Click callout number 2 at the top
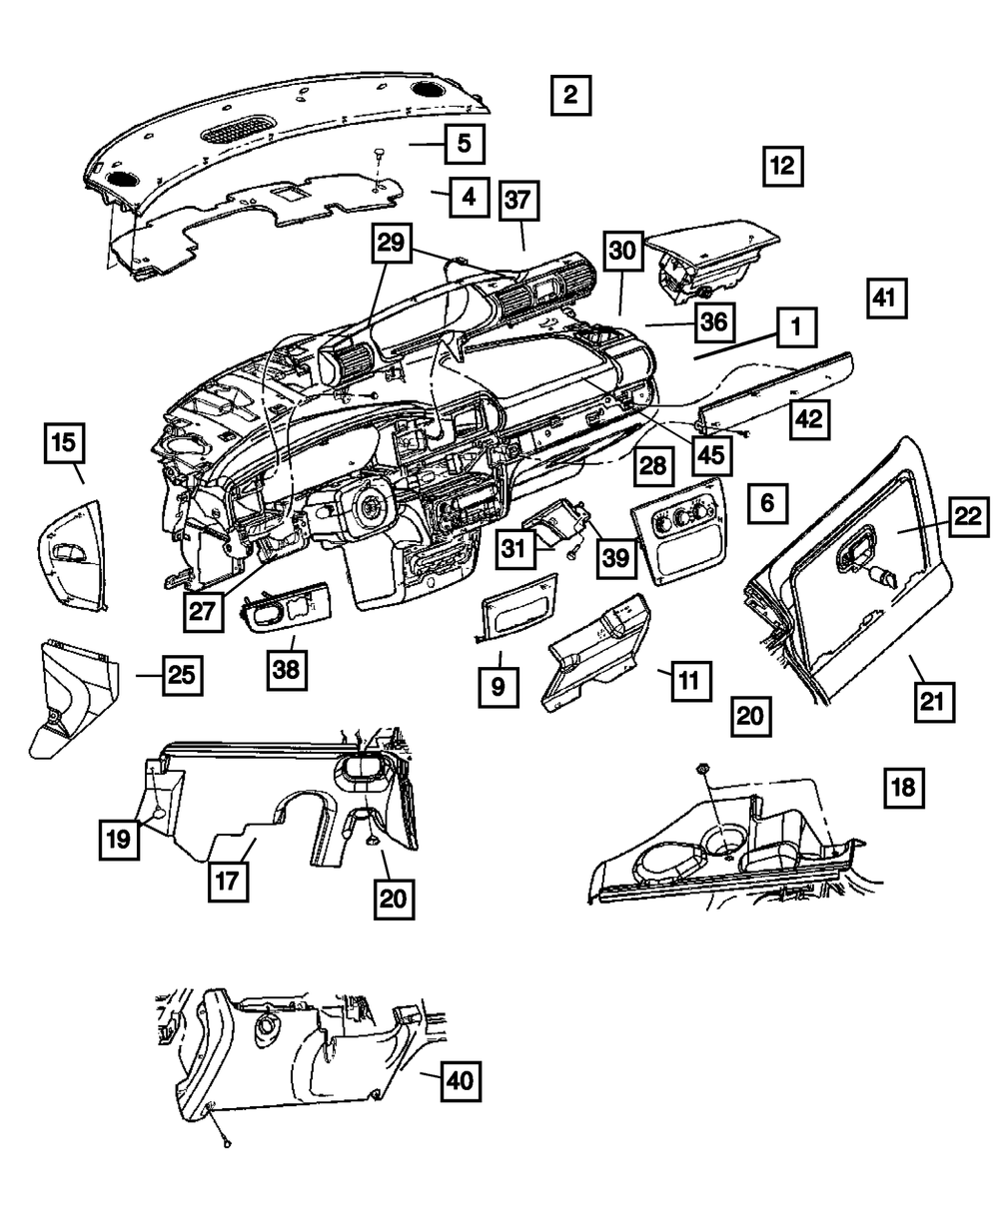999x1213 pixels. click(569, 97)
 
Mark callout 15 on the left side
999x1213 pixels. click(64, 443)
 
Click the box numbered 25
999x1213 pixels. click(180, 675)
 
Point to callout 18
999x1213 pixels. click(903, 788)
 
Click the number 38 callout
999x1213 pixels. click(288, 668)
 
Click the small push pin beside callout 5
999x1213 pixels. click(381, 152)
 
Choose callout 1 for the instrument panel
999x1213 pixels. click(796, 325)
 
